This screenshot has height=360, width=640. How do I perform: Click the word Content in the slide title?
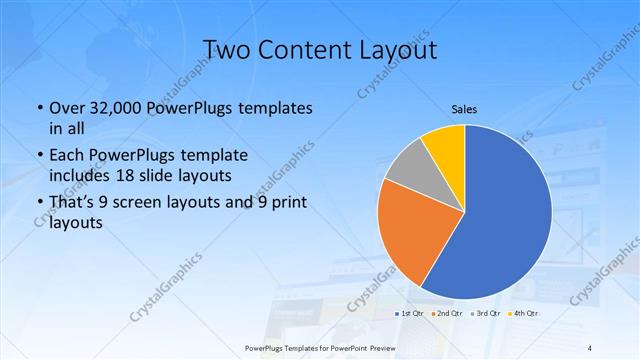tap(304, 49)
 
